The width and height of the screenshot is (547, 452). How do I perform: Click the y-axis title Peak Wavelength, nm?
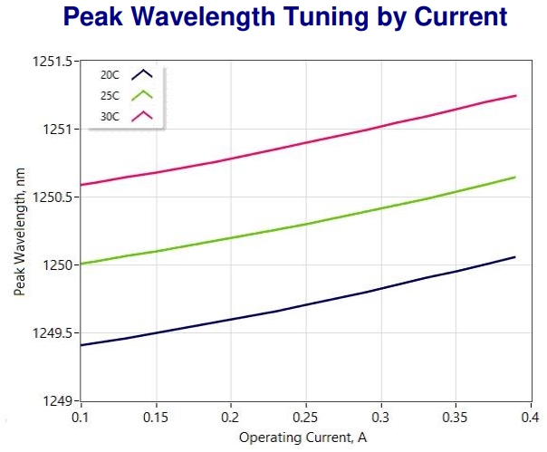[x=19, y=231]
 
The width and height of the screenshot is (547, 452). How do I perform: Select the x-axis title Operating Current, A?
[x=305, y=438]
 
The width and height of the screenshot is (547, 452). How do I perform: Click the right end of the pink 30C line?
[x=516, y=95]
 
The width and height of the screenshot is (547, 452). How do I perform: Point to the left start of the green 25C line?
[x=82, y=264]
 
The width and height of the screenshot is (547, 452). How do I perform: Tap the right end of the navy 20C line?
[x=515, y=256]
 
